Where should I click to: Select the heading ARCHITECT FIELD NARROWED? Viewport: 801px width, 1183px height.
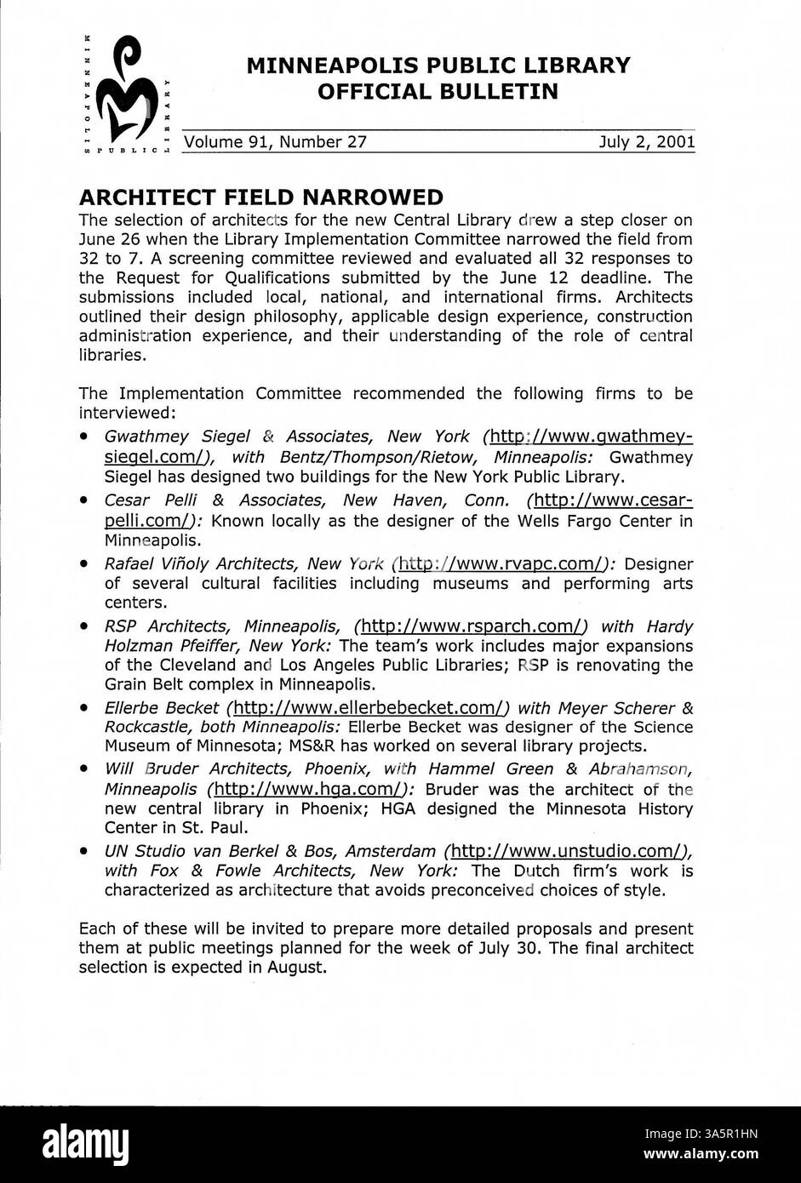click(x=260, y=197)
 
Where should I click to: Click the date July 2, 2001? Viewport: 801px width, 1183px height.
click(x=647, y=142)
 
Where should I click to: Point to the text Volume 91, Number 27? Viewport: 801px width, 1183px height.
click(x=277, y=142)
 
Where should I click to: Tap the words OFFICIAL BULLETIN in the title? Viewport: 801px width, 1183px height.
click(x=438, y=91)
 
